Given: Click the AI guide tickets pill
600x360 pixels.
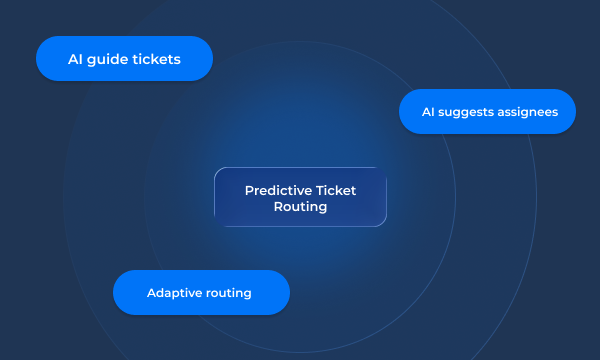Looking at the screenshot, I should click(x=124, y=58).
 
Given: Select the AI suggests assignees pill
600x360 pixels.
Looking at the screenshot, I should click(x=487, y=111).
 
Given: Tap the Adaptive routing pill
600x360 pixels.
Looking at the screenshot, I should click(x=200, y=292).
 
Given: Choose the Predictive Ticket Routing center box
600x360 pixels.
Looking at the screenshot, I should click(x=300, y=197).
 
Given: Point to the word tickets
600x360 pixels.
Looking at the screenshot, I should click(x=156, y=59).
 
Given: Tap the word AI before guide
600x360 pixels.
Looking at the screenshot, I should click(x=76, y=59).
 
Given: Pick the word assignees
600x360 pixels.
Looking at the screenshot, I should click(x=526, y=112).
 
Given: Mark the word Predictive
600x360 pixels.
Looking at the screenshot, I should click(x=277, y=190).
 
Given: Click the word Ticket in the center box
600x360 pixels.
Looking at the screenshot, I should click(x=335, y=190).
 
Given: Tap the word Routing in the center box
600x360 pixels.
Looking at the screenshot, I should click(x=300, y=207).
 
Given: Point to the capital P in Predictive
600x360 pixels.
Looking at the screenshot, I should click(x=248, y=190).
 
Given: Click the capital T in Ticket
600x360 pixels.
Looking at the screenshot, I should click(x=319, y=190).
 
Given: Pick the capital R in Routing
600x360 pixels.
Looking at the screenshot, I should click(x=277, y=207).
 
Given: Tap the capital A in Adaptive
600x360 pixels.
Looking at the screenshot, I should click(x=151, y=293).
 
